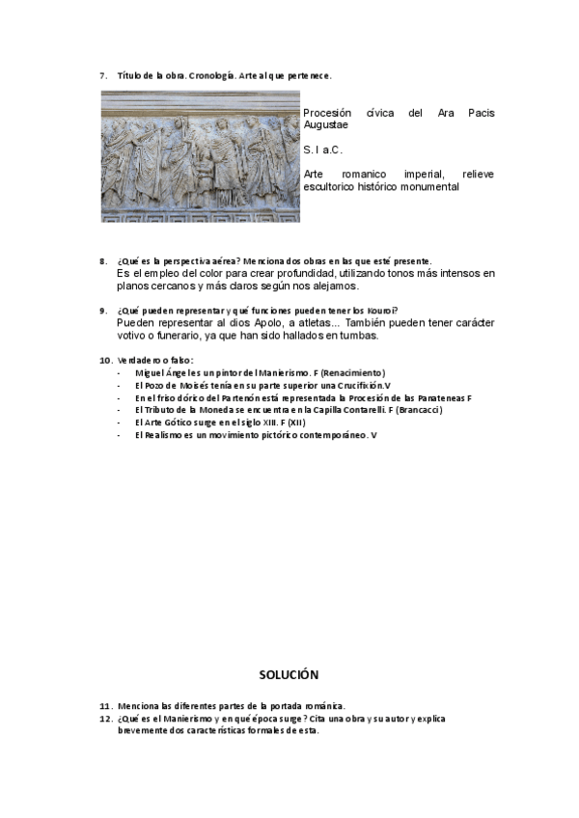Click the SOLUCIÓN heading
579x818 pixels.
click(x=289, y=674)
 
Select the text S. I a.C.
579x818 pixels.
click(x=322, y=150)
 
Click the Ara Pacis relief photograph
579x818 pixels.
click(x=201, y=156)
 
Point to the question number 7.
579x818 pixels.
click(x=103, y=75)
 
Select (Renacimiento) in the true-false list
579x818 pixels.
click(x=351, y=373)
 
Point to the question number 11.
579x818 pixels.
click(x=105, y=706)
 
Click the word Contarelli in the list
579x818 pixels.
click(x=349, y=411)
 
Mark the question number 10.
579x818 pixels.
click(x=105, y=361)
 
